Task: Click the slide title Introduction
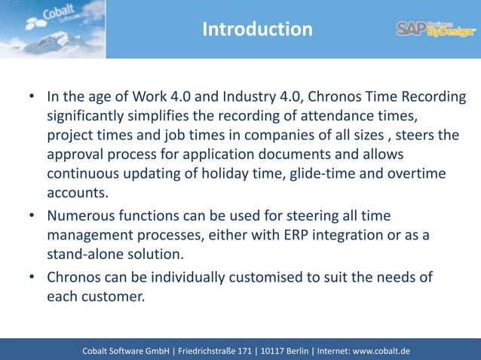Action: coord(257,29)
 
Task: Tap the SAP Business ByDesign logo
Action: coord(436,29)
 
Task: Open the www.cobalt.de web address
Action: coord(382,350)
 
